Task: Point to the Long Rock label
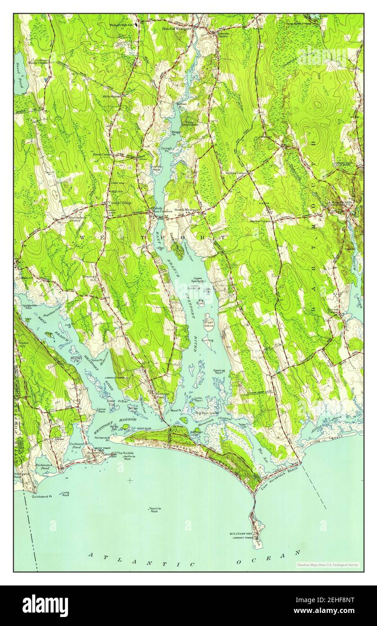coord(66,494)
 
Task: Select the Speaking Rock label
coord(219,372)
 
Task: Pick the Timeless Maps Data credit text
coord(327,564)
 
